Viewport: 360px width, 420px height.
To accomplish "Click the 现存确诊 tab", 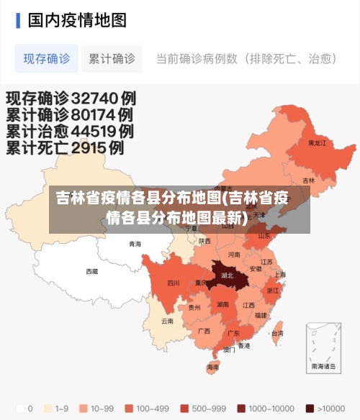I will pyautogui.click(x=47, y=58).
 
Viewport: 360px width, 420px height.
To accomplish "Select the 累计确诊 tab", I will pyautogui.click(x=112, y=58).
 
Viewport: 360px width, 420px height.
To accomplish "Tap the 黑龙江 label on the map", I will pyautogui.click(x=317, y=143).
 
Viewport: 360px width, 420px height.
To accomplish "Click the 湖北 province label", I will pyautogui.click(x=227, y=275).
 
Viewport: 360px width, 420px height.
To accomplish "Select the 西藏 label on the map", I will pyautogui.click(x=92, y=271).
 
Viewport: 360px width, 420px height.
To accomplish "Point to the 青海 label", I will pyautogui.click(x=135, y=245).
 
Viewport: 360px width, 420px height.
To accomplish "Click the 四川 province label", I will pyautogui.click(x=174, y=283).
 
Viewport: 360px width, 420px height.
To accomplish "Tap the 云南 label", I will pyautogui.click(x=167, y=321).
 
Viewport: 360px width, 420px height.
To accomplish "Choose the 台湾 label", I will pyautogui.click(x=276, y=334).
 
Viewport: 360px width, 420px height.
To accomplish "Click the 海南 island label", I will pyautogui.click(x=213, y=367).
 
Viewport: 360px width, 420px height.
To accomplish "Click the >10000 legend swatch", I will pyautogui.click(x=310, y=408).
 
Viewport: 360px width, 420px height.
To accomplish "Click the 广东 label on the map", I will pyautogui.click(x=233, y=334).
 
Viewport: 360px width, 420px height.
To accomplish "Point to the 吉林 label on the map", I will pyautogui.click(x=308, y=181).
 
